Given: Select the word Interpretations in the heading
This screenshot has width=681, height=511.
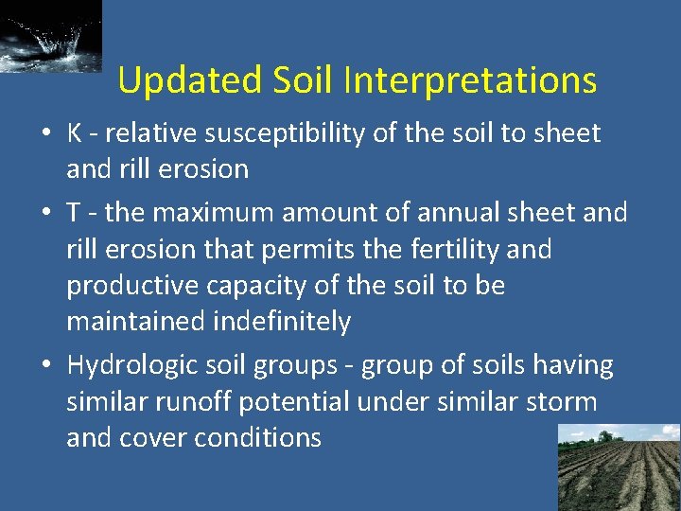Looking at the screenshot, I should pyautogui.click(x=470, y=80).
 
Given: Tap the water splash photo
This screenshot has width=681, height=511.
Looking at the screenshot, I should pyautogui.click(x=50, y=35).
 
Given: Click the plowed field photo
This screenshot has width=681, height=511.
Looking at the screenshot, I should pyautogui.click(x=619, y=467).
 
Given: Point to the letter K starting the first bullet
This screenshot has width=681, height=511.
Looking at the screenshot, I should pyautogui.click(x=75, y=133).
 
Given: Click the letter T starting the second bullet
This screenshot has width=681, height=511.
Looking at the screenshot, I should pyautogui.click(x=73, y=212).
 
